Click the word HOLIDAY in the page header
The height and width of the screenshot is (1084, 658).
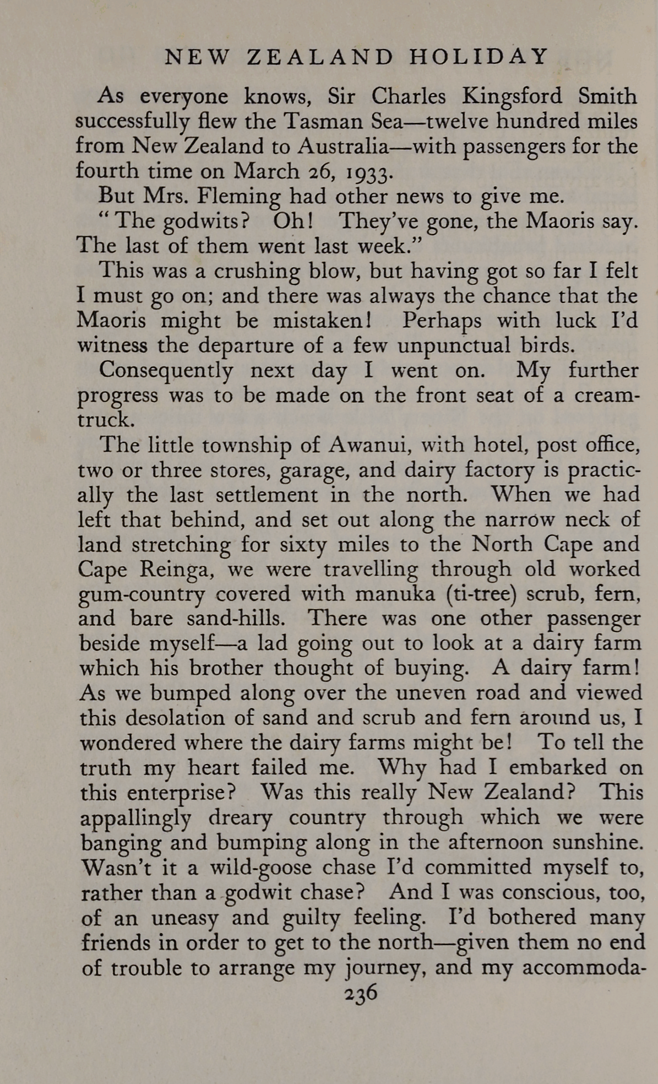point(479,57)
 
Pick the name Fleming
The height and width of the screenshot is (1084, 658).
point(240,197)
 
